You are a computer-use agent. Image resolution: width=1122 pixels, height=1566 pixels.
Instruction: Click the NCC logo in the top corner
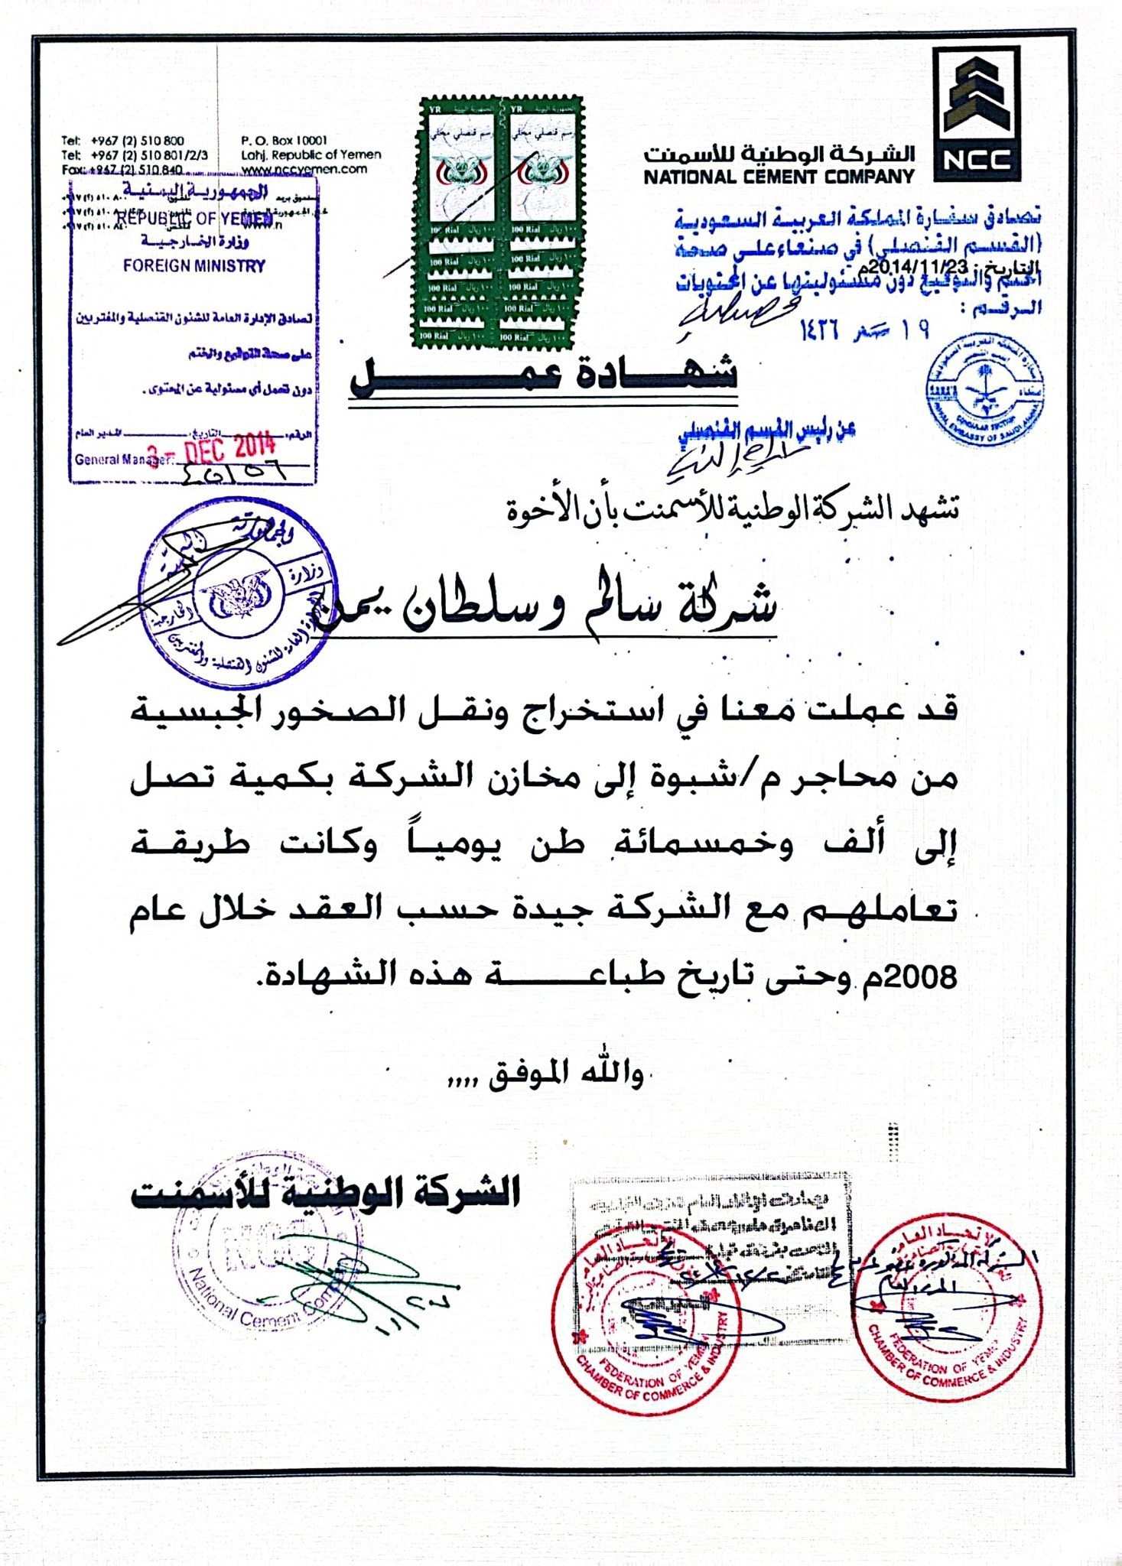click(x=976, y=113)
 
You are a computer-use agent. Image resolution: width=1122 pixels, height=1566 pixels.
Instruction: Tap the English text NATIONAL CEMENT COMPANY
click(x=778, y=177)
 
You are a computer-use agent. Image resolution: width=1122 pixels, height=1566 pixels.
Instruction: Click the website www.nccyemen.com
click(x=304, y=169)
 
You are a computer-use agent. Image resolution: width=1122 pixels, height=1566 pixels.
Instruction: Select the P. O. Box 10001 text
click(x=284, y=141)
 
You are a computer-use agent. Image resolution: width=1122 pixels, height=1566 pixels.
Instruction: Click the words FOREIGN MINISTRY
click(x=194, y=266)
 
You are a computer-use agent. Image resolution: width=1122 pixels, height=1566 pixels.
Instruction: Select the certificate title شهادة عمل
click(x=543, y=375)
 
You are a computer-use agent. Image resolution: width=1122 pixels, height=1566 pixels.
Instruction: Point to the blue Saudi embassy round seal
click(x=984, y=389)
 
